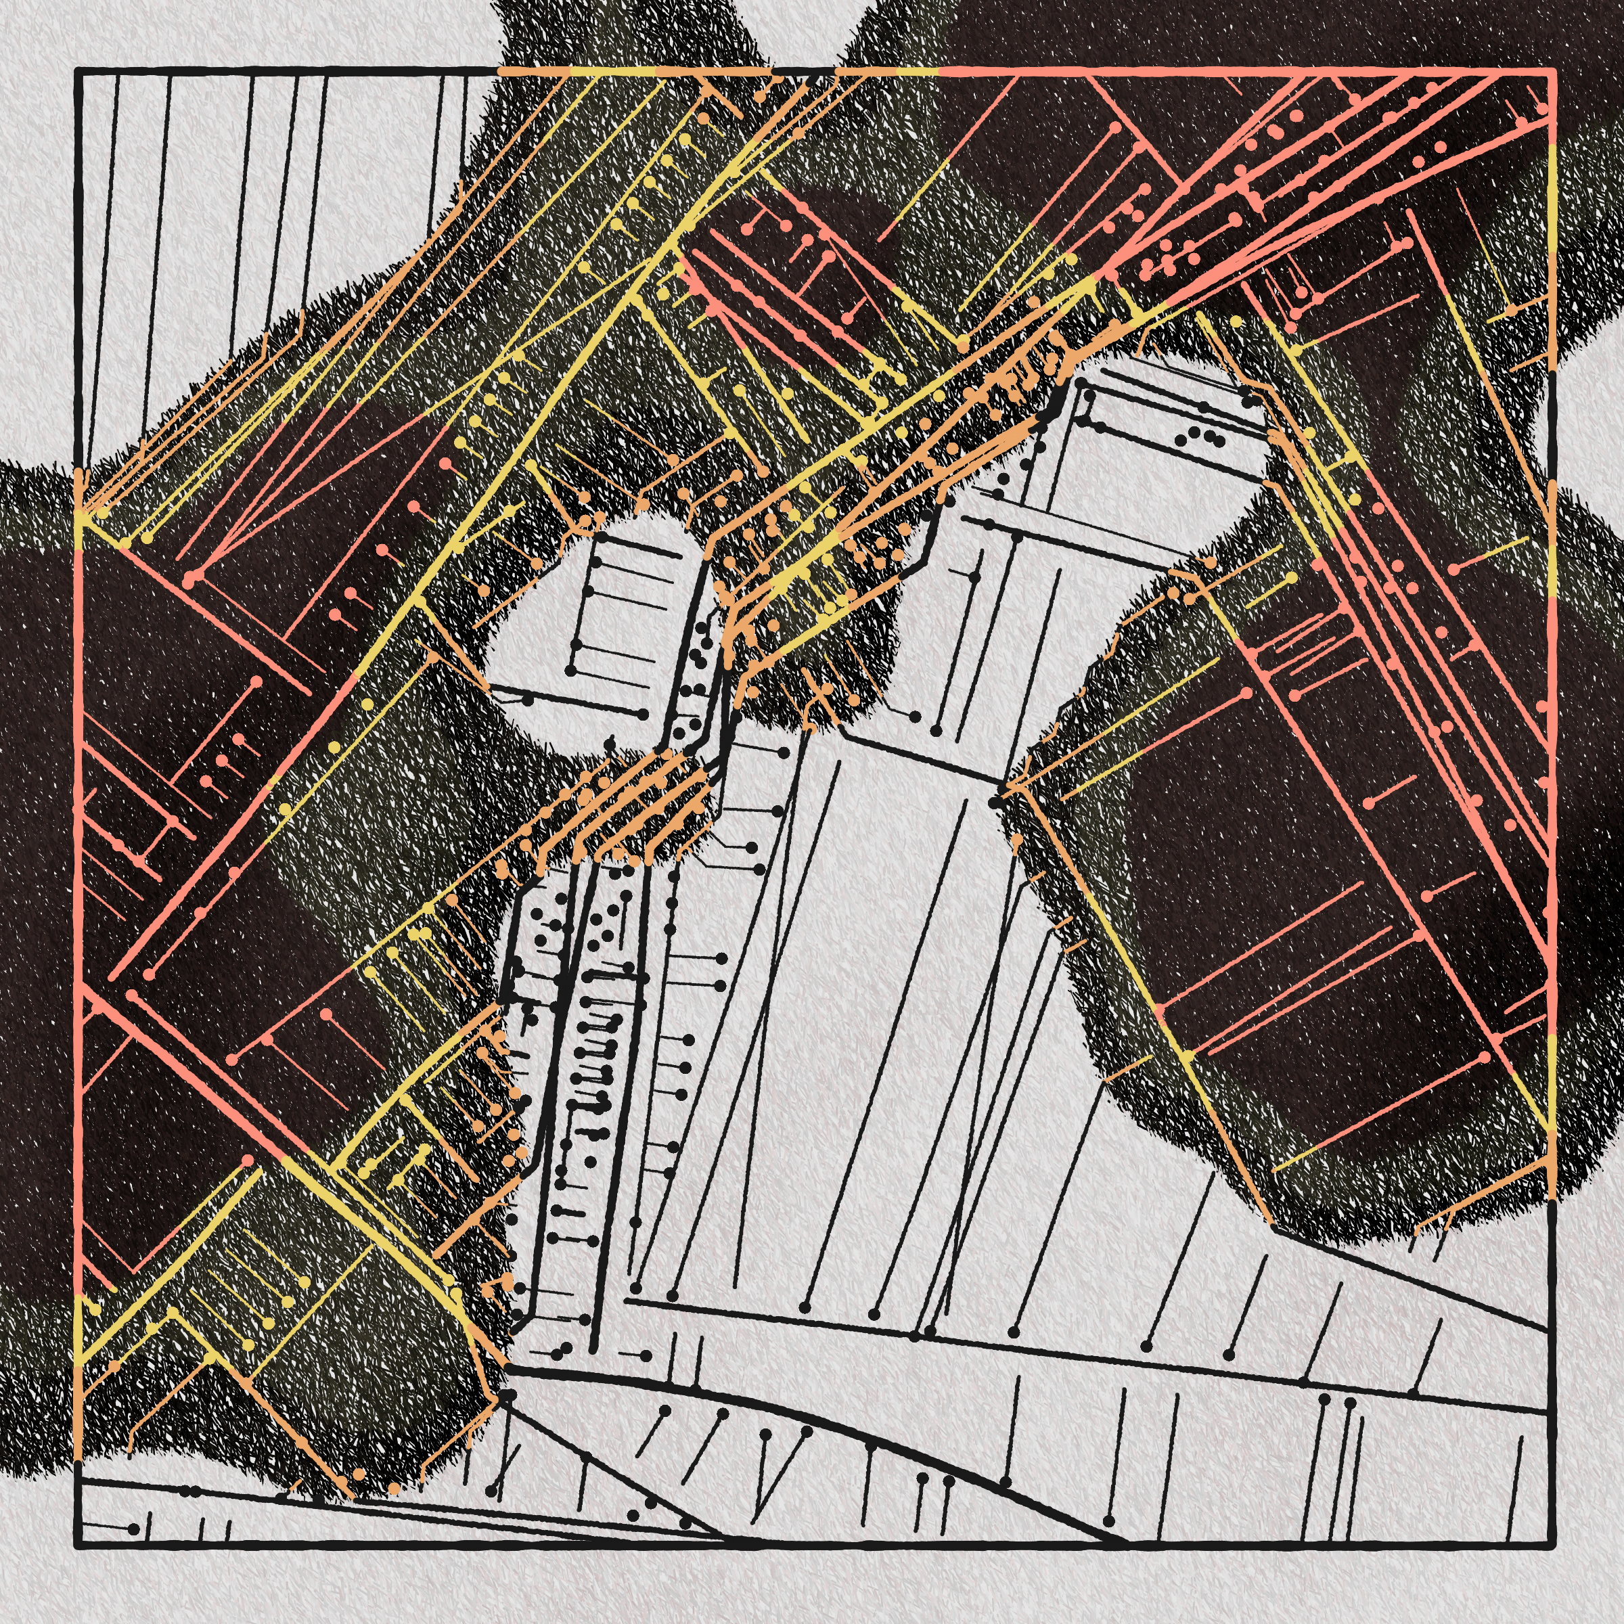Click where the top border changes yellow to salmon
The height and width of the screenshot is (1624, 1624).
click(x=937, y=72)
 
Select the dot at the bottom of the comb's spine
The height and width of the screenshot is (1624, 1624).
click(x=572, y=670)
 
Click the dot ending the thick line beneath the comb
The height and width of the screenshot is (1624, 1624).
click(x=643, y=714)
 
